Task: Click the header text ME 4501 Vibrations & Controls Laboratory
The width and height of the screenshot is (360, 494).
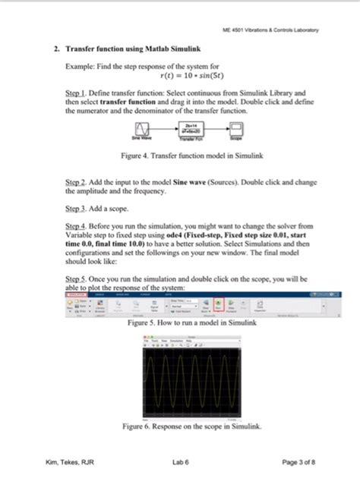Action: (x=270, y=30)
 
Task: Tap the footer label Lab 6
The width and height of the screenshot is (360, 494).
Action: (x=180, y=462)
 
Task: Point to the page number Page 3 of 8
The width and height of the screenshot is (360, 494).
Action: (x=298, y=462)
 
